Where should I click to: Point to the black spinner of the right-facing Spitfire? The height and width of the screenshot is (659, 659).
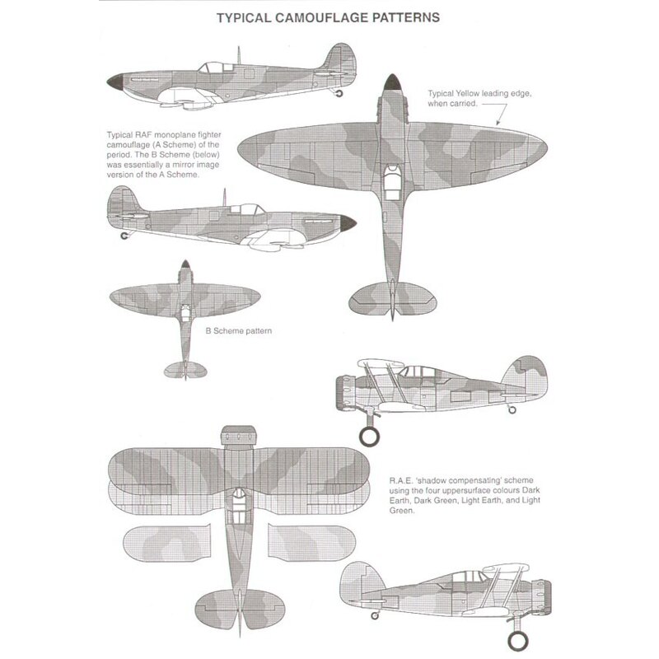pos(348,222)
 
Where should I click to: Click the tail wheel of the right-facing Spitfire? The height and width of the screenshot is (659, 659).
pos(125,236)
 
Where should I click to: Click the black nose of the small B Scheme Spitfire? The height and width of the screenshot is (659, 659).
pos(185,265)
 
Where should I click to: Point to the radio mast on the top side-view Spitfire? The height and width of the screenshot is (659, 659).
pos(239,54)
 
